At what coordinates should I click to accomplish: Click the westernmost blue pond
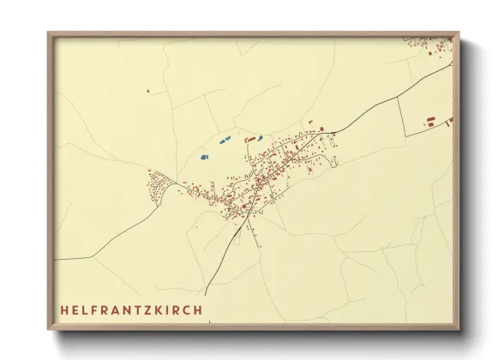point(204,157)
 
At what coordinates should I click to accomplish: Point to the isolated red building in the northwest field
point(147,90)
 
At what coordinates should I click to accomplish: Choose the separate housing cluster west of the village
point(159,184)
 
